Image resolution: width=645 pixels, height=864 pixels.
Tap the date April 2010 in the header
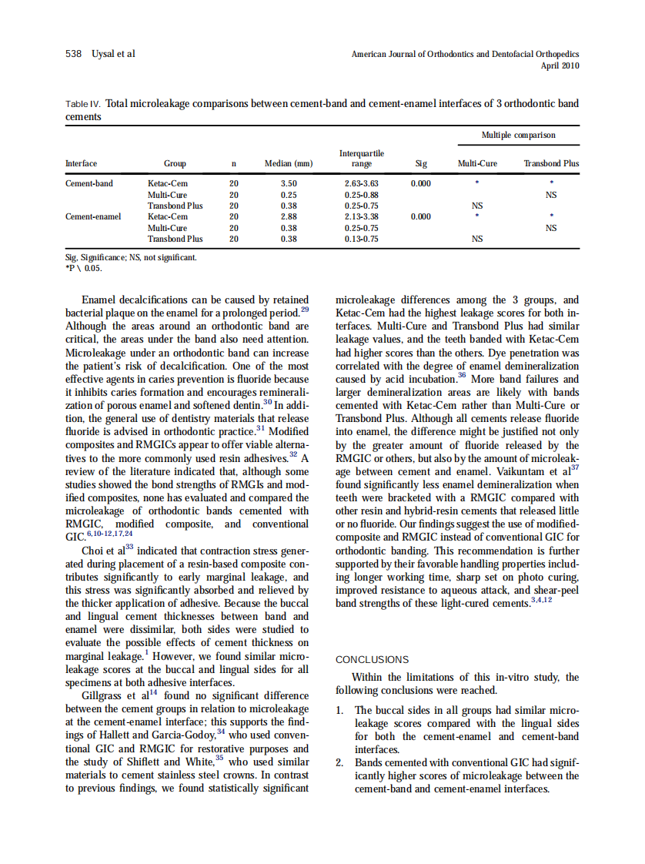point(561,65)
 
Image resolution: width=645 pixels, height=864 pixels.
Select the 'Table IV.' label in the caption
point(84,103)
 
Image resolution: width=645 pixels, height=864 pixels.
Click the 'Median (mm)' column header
point(289,163)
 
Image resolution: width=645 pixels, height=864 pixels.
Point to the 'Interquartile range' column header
point(361,159)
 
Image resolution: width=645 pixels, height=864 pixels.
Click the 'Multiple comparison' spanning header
point(518,136)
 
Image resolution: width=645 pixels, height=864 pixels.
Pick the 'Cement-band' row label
point(89,184)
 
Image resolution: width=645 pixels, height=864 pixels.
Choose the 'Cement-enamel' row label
point(93,217)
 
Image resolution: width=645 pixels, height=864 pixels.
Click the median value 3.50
point(289,184)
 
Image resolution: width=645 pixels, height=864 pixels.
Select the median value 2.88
point(289,217)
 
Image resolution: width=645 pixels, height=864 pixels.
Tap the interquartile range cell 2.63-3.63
point(361,184)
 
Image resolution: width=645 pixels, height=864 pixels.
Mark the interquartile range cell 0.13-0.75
point(361,239)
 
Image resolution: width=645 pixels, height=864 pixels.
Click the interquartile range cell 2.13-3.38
point(361,217)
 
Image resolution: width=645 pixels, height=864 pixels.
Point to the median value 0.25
point(289,195)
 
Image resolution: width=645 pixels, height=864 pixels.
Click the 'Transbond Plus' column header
point(551,163)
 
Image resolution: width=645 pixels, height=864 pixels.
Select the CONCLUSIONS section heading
point(373,660)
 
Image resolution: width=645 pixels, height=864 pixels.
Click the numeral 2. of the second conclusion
point(341,763)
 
